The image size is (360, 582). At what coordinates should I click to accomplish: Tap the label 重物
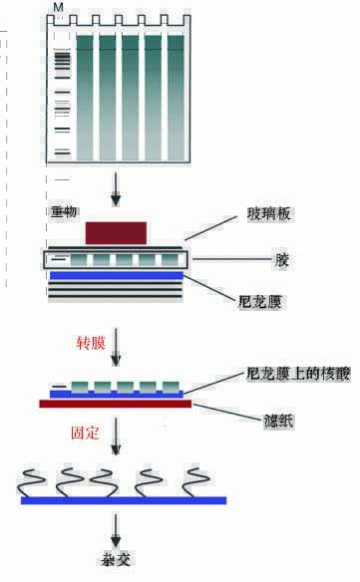[63, 210]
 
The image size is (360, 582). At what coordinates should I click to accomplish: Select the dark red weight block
[116, 233]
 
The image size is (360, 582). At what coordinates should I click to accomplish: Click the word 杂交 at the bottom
[117, 559]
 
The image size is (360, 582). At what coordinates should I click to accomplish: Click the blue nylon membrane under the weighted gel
[115, 274]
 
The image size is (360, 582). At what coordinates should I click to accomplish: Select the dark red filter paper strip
[115, 404]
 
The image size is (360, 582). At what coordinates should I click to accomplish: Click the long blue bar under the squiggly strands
[124, 499]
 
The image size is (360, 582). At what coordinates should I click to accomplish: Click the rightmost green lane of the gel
[176, 97]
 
